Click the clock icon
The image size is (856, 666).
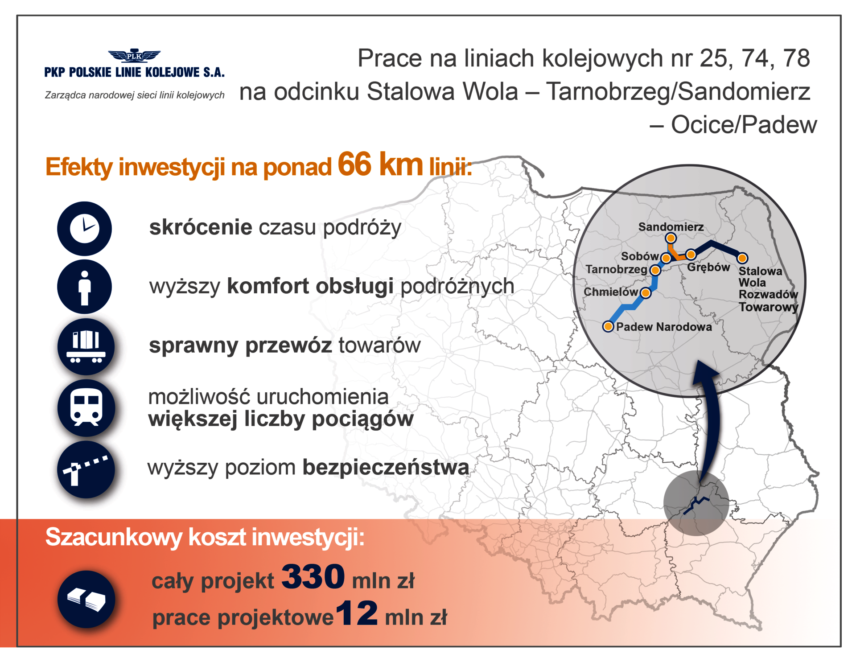coord(84,228)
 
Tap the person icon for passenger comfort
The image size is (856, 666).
coord(84,287)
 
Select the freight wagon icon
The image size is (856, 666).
coord(86,346)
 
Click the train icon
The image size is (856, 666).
coord(86,407)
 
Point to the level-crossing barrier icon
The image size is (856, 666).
coord(86,469)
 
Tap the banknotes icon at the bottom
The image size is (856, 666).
coord(86,599)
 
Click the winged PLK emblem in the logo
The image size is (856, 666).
coord(134,56)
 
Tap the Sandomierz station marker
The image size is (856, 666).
coord(671,238)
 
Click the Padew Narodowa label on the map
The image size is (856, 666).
coord(664,327)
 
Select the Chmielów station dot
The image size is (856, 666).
coord(645,293)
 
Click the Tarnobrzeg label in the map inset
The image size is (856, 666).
coord(616,269)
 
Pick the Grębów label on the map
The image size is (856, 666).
coord(708,267)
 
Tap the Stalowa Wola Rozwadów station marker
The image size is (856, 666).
coord(742,258)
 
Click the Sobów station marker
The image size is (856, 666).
coord(666,258)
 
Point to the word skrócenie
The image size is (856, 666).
coord(201,227)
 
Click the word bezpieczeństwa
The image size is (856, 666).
coord(386,468)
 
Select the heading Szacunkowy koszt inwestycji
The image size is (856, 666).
coord(205,537)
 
